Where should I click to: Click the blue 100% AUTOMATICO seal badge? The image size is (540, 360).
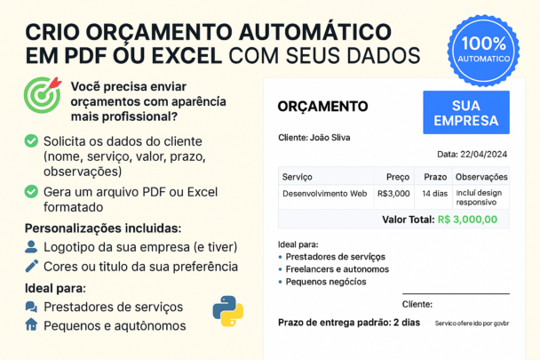483,51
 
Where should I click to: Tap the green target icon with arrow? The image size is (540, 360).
43,95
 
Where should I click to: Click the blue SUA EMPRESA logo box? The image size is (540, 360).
466,112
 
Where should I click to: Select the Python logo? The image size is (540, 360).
228,311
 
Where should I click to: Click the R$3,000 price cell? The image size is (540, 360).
393,194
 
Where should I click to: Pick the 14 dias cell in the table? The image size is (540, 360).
434,194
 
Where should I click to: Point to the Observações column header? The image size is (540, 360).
481,177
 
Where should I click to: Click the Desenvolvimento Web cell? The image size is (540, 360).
325,194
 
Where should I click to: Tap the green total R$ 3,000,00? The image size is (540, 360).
467,220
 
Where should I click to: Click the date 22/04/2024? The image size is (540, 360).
483,154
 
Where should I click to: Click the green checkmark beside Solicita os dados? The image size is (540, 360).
31,141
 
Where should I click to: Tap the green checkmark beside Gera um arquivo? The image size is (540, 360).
31,191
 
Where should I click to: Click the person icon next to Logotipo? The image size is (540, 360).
31,247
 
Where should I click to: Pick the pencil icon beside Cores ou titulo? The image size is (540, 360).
32,266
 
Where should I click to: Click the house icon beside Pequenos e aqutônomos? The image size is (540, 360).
31,324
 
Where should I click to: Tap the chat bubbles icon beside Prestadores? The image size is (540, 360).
31,307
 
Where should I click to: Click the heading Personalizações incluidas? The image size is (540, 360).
103,228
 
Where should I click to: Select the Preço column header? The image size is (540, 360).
398,177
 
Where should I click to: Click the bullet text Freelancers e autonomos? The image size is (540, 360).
337,269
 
